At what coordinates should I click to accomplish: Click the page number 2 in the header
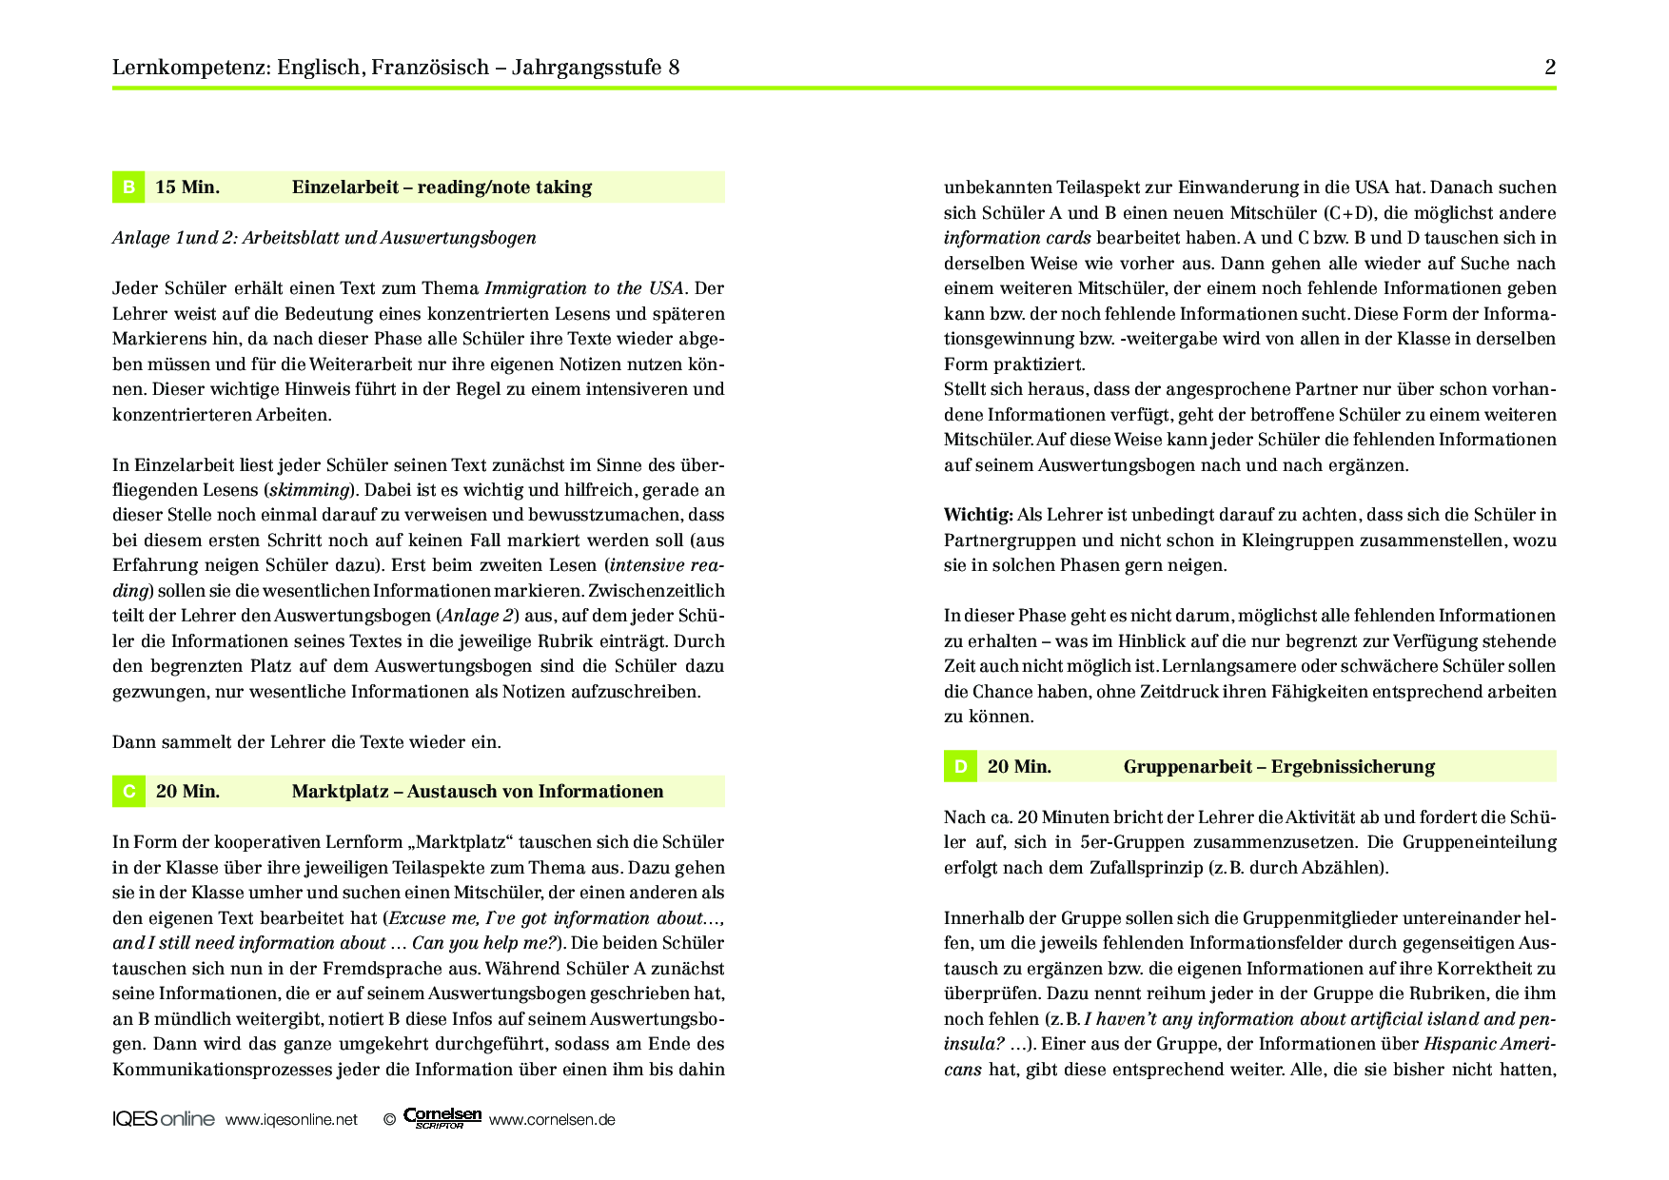[1550, 67]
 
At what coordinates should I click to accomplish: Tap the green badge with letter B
[128, 187]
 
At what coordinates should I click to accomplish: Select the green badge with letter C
[128, 792]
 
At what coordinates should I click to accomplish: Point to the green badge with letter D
[960, 767]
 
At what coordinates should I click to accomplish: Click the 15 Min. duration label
[187, 187]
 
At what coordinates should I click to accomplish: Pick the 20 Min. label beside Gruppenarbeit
[1019, 767]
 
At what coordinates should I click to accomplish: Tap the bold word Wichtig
[977, 515]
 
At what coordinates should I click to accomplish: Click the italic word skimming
[309, 490]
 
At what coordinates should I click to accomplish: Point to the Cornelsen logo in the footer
[442, 1118]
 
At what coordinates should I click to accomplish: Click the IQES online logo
[164, 1119]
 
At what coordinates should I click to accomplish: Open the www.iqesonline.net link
[291, 1120]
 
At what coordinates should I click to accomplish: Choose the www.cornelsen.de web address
[552, 1120]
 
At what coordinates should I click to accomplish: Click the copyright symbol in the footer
[389, 1120]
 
